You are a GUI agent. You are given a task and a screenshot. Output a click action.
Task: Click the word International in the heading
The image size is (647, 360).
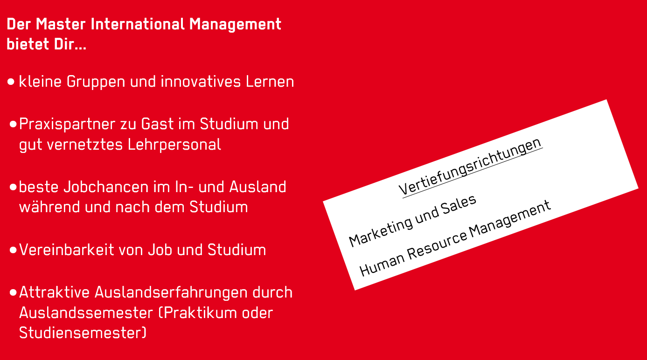(138, 24)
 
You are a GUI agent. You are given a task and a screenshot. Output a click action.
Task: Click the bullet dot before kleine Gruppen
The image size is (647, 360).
(11, 82)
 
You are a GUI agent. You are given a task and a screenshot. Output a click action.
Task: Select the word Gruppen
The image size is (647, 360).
(96, 82)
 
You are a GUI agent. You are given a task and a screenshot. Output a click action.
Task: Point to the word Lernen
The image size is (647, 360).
(270, 82)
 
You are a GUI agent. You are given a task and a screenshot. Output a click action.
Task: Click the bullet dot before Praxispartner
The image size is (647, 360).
(13, 124)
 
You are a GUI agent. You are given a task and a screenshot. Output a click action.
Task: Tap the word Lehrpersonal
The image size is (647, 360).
(174, 145)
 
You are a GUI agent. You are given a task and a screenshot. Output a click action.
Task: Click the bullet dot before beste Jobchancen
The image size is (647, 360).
(13, 187)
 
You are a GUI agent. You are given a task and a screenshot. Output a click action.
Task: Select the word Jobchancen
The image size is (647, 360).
(106, 187)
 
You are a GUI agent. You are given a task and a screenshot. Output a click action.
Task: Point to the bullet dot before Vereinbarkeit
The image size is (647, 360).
(13, 250)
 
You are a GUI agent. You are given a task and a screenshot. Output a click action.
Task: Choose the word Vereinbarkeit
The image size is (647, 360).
(67, 250)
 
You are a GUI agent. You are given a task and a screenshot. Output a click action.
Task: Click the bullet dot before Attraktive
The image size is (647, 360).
(13, 292)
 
